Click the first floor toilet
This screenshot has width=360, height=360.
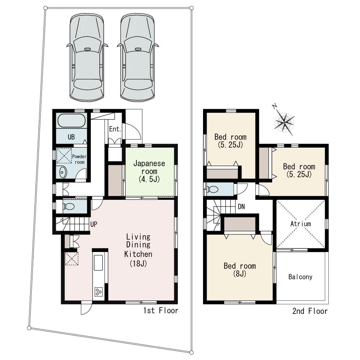68,207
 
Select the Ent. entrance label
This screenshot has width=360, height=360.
115,129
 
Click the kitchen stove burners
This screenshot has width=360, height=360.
98,292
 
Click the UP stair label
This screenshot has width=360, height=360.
94,224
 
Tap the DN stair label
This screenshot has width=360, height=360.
242,207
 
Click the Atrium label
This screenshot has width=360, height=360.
300,224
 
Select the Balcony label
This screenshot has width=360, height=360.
300,277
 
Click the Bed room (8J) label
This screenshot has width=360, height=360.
240,270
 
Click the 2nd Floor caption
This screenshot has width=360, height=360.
310,311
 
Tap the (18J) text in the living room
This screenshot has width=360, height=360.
138,263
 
